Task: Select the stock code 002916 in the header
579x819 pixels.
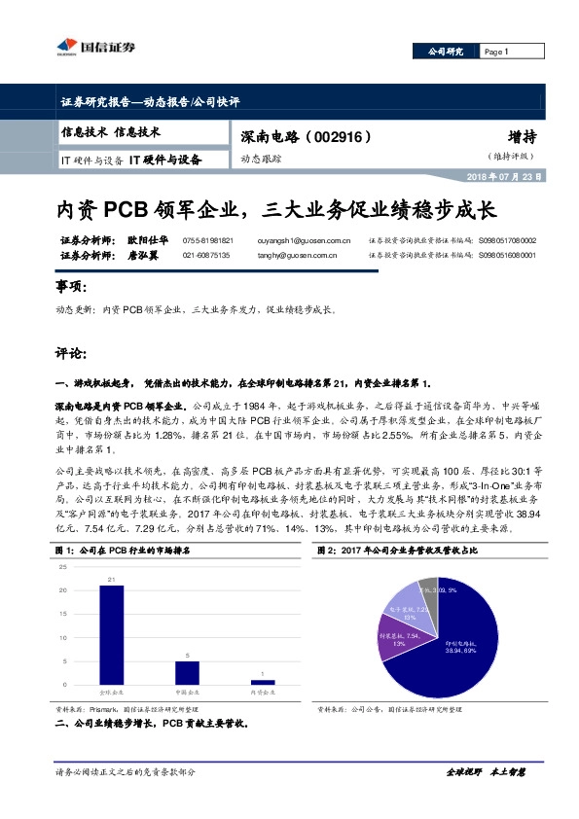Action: coord(338,137)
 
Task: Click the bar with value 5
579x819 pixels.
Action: coord(188,673)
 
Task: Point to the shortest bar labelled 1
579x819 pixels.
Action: coord(263,683)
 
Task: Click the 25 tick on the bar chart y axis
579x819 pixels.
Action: coord(65,566)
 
